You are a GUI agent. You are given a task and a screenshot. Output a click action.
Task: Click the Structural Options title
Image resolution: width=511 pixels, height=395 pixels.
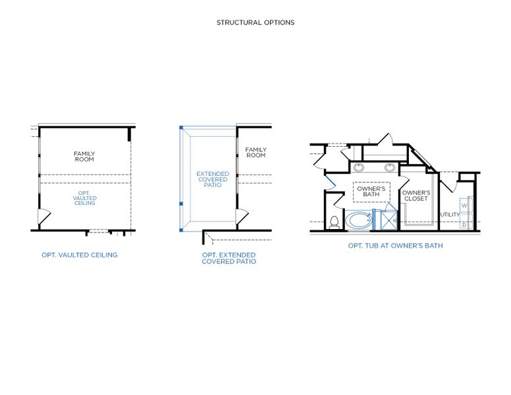tap(255, 22)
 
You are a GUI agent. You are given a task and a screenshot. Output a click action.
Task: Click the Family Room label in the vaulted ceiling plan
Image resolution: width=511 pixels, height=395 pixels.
tap(84, 157)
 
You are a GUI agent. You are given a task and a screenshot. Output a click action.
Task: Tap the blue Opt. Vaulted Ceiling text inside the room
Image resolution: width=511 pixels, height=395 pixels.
tap(84, 197)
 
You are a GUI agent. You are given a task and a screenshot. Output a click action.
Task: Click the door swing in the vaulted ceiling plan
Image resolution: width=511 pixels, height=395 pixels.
tap(43, 217)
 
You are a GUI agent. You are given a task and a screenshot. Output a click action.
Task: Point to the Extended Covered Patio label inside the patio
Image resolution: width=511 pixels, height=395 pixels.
tap(213, 180)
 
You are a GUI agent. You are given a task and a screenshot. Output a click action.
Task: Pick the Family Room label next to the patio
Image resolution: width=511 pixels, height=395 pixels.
tap(255, 153)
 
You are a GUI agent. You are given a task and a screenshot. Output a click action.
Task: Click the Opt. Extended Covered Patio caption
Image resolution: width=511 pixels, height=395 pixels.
tap(229, 258)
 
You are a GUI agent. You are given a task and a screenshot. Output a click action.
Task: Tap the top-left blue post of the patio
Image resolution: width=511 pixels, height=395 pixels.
tap(181, 127)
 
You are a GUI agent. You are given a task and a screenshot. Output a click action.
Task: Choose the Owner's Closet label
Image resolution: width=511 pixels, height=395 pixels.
tap(416, 196)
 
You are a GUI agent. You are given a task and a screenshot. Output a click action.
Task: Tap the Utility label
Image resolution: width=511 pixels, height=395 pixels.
tap(450, 215)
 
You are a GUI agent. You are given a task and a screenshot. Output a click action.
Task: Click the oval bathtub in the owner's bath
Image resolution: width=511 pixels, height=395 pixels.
tap(359, 220)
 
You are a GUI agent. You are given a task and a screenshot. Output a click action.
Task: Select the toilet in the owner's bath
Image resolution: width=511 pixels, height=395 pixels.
tap(334, 222)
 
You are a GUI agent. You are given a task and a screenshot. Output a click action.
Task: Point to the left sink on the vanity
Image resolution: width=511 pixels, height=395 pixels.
tap(359, 167)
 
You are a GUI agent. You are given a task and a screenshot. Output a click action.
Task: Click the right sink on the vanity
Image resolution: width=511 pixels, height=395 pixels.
tap(390, 167)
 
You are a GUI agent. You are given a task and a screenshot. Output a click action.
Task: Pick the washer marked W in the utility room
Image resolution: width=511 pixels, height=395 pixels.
tap(464, 205)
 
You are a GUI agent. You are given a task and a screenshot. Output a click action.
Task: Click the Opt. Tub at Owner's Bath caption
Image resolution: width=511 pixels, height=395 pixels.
tap(395, 246)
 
